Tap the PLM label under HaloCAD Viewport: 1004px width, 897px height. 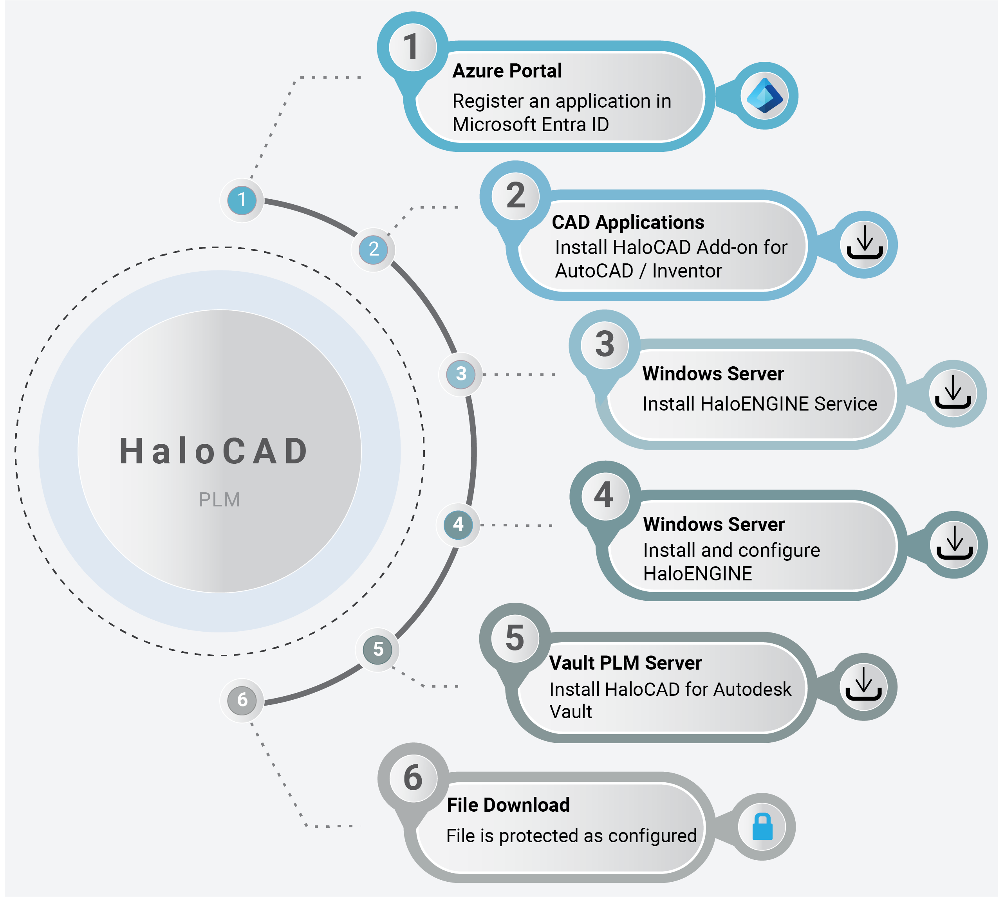[x=219, y=500]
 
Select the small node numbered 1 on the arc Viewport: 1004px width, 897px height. [x=242, y=200]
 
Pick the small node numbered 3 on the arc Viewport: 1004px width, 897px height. [x=460, y=374]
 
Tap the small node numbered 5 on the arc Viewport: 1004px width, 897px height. [x=377, y=650]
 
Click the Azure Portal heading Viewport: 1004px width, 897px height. [x=507, y=71]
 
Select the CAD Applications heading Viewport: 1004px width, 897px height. [x=628, y=222]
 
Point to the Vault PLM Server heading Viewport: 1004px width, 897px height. [x=625, y=663]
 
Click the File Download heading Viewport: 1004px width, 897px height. [x=508, y=805]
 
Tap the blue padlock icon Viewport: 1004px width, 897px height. [x=762, y=827]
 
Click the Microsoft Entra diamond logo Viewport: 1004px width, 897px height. [x=765, y=95]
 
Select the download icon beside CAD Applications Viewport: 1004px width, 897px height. [x=865, y=243]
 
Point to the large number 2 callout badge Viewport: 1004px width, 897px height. [x=515, y=196]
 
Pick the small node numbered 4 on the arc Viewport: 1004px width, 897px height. [x=458, y=525]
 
